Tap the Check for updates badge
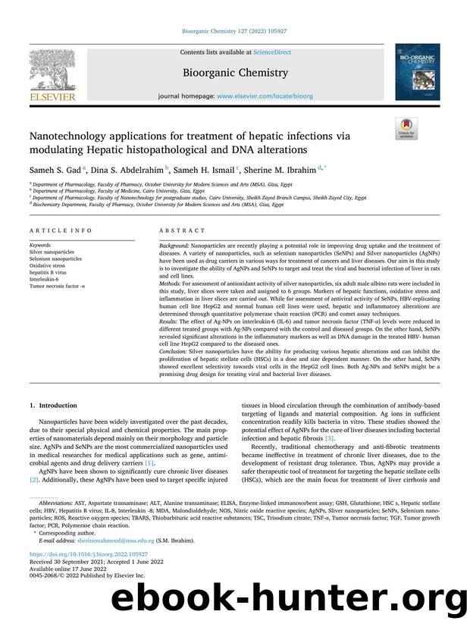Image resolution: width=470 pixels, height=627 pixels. (406, 129)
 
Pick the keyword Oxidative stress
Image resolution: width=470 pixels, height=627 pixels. (47, 265)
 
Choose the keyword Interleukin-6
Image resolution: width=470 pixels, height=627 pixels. (44, 277)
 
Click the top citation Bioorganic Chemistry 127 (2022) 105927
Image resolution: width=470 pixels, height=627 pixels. (234, 31)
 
